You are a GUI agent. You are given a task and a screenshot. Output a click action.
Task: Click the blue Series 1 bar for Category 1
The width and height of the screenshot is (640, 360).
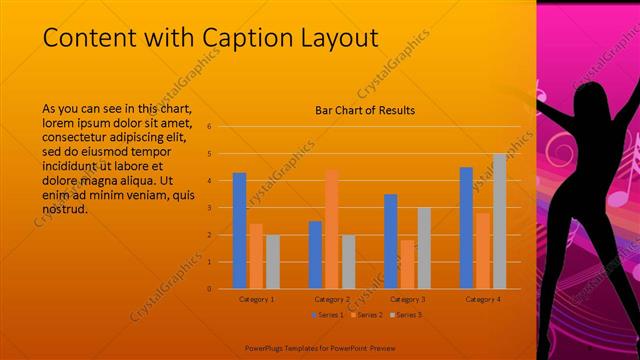[x=239, y=231]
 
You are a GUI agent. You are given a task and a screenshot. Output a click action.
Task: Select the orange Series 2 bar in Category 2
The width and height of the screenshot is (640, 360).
[x=331, y=229]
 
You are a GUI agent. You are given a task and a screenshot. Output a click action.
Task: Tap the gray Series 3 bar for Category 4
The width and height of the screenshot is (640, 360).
[x=499, y=221]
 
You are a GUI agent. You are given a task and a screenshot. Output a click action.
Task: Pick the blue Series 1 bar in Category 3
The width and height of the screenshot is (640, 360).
[x=390, y=241]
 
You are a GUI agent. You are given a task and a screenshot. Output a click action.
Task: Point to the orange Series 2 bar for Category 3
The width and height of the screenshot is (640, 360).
[x=407, y=264]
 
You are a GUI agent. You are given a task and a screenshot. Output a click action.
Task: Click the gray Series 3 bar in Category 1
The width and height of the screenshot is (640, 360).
[x=273, y=261]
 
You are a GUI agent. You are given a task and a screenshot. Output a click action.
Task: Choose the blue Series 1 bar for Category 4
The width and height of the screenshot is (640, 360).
[x=466, y=228]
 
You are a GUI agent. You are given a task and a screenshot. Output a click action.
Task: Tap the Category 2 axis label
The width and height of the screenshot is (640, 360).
[x=332, y=299]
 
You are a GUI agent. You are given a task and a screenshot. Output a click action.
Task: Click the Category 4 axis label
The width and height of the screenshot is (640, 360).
[x=483, y=299]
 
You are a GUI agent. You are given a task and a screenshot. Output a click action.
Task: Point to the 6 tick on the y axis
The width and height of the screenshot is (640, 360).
[x=210, y=127]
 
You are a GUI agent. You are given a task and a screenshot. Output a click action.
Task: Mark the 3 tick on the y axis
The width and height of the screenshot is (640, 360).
[x=210, y=208]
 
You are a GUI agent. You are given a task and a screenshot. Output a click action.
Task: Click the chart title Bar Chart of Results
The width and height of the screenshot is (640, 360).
[x=364, y=110]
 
